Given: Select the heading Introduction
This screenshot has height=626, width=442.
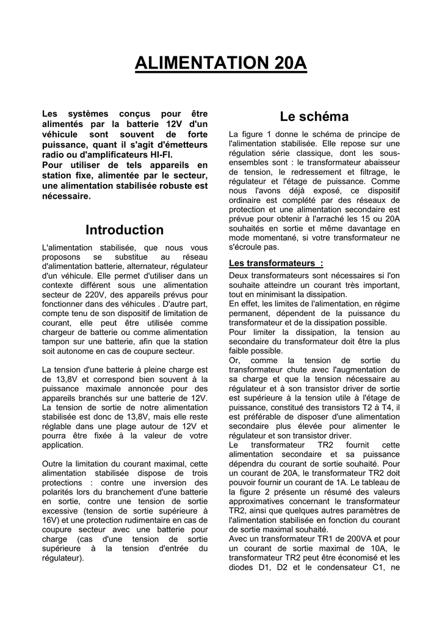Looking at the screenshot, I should (125, 230).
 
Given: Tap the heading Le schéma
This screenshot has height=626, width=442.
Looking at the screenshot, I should (314, 116).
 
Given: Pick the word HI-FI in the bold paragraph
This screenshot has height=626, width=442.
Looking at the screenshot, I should (154, 155).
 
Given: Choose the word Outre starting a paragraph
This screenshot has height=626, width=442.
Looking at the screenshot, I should (54, 463).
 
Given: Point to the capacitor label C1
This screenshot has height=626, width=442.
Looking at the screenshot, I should (379, 567).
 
